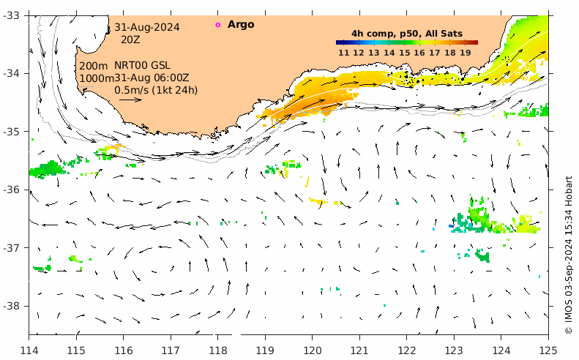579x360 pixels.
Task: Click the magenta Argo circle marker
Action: pos(217,25)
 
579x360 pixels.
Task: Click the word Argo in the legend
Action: pos(241,24)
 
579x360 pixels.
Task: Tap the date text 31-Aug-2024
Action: pos(146,27)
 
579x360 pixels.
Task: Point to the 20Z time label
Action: pos(130,40)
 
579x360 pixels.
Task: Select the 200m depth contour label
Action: pos(93,66)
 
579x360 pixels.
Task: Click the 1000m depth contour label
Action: pos(96,78)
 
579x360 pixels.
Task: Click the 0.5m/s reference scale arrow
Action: pos(130,100)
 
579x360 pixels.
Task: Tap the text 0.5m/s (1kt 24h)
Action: pos(156,90)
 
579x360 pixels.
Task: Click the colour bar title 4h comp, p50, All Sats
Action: pos(406,33)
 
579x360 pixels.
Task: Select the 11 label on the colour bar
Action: pos(343,52)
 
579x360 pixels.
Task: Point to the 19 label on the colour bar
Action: pos(465,52)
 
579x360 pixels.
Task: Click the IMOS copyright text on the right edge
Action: pos(569,255)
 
